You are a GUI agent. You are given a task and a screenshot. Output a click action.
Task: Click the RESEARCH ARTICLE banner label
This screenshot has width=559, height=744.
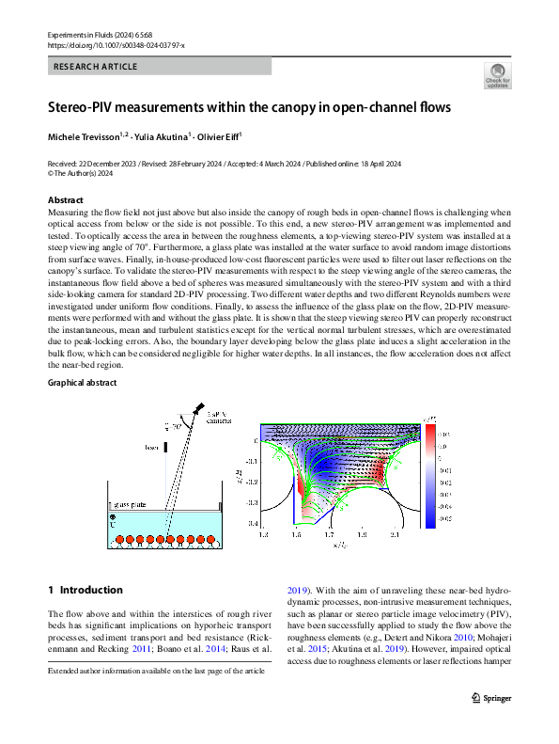pyautogui.click(x=96, y=67)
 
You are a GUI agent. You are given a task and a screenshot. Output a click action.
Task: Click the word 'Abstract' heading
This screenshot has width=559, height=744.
pyautogui.click(x=66, y=200)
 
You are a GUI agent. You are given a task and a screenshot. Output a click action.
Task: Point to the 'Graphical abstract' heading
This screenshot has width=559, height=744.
pyautogui.click(x=84, y=384)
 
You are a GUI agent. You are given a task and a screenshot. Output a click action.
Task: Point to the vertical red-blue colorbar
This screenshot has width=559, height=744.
pyautogui.click(x=431, y=471)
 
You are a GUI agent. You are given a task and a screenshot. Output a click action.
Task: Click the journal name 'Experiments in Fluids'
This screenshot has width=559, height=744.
pyautogui.click(x=86, y=34)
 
